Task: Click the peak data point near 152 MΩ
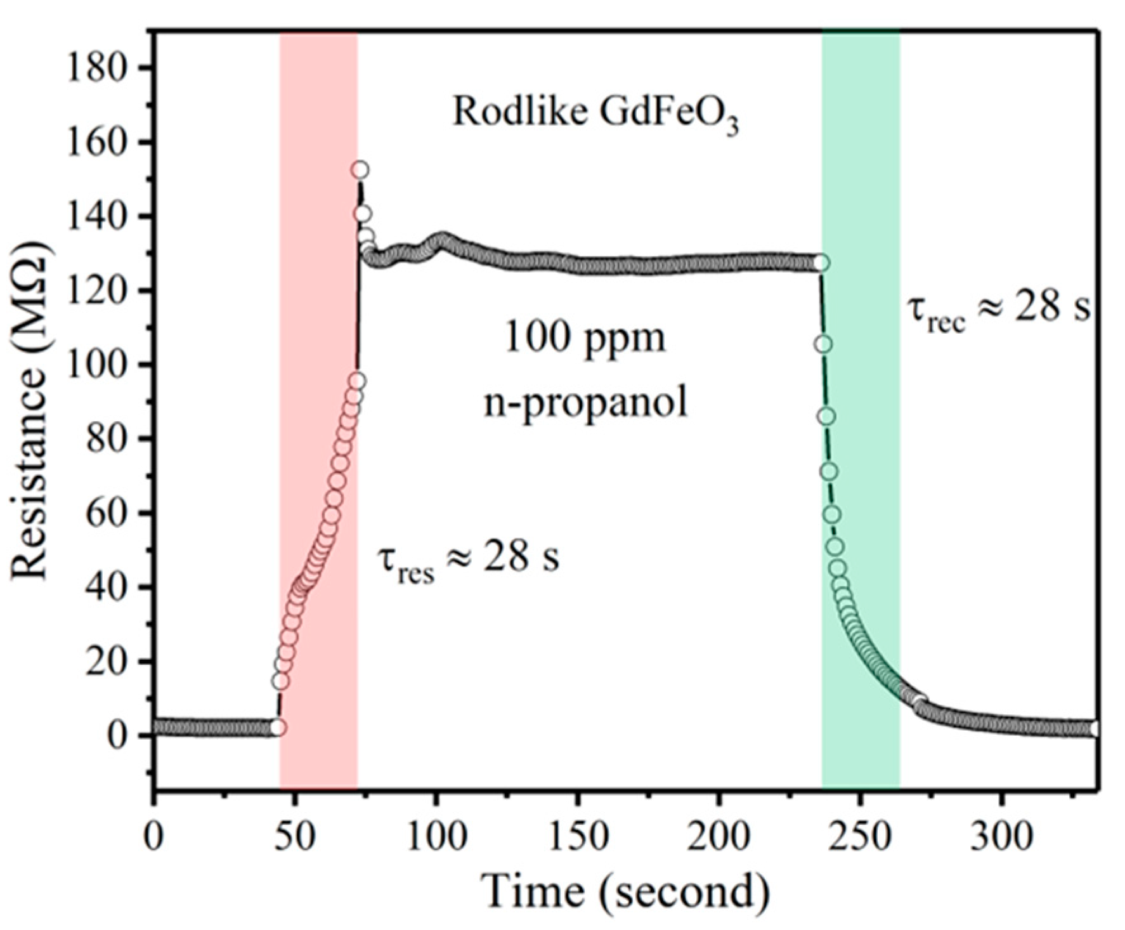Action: coord(360,170)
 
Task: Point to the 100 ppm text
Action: coord(585,338)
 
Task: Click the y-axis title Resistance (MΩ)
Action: coord(30,412)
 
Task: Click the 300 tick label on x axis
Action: coord(1001,837)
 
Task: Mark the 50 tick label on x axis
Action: coord(295,837)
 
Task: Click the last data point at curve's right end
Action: coord(1095,729)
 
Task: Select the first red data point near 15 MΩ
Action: coord(280,681)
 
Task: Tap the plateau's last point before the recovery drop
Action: coord(821,263)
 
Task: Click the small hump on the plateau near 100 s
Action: coord(442,241)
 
